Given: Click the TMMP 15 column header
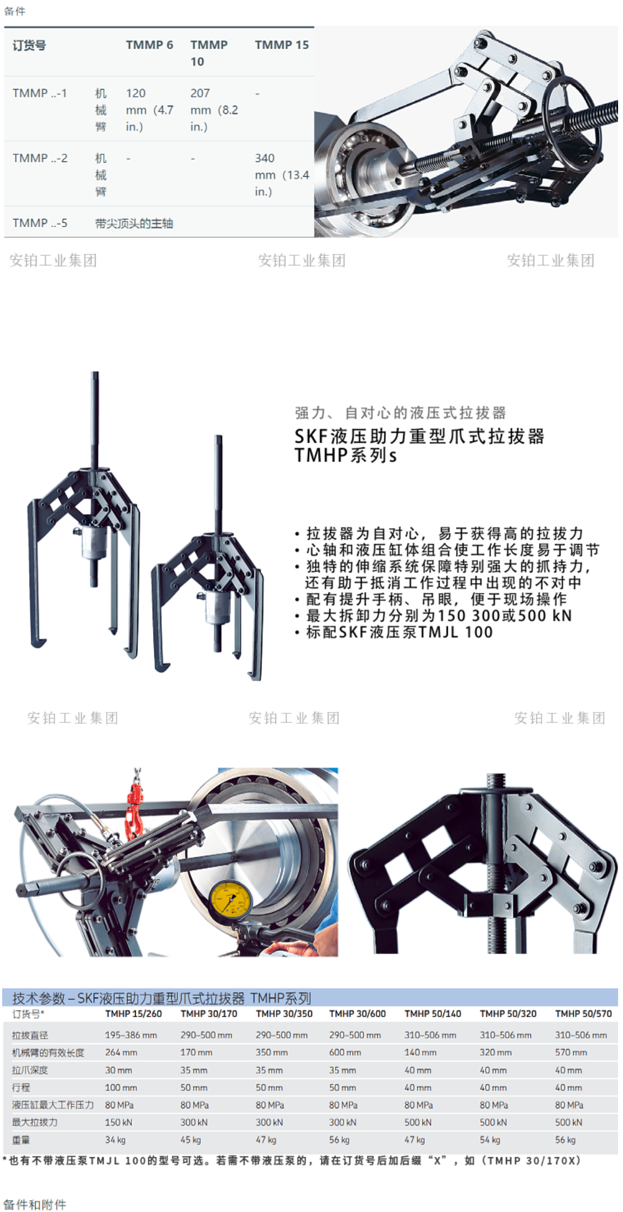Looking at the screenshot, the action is click(x=281, y=45).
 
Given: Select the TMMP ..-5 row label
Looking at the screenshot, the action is click(x=40, y=223).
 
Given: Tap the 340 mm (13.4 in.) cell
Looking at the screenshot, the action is click(x=282, y=175).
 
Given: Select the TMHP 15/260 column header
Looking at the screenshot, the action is click(x=134, y=1013).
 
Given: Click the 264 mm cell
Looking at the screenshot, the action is click(x=121, y=1052).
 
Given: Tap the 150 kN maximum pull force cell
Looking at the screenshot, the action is click(x=119, y=1122).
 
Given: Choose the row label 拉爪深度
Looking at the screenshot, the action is click(x=30, y=1070).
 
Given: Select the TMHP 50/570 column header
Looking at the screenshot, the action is click(x=584, y=1013).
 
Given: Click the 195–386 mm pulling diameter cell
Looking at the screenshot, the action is click(x=131, y=1035).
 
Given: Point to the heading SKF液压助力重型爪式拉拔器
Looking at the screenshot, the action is click(x=419, y=436).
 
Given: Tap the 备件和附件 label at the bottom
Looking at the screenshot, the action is click(x=34, y=1204).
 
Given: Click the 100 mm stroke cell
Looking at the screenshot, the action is click(x=121, y=1087).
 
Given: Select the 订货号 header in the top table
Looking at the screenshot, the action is click(x=30, y=45).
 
